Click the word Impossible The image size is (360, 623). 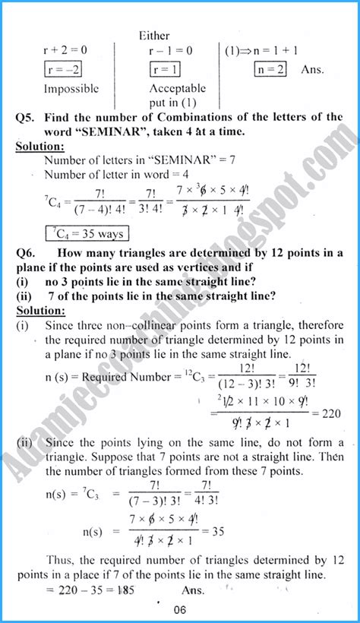click(71, 88)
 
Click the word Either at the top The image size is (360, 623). click(154, 35)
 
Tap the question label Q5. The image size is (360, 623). click(27, 117)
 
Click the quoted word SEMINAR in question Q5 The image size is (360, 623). click(96, 131)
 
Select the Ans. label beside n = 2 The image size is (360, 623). click(311, 69)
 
